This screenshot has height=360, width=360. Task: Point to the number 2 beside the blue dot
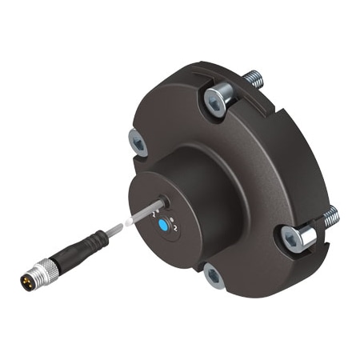tap(174, 229)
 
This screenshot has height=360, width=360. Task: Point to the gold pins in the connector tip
tap(27, 281)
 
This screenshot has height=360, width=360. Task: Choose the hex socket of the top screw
tap(218, 100)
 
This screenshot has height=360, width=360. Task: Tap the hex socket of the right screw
tap(290, 237)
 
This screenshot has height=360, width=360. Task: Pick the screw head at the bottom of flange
tap(213, 276)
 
